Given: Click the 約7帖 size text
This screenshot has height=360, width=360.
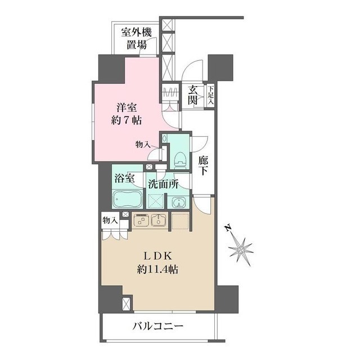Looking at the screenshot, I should tap(126, 120).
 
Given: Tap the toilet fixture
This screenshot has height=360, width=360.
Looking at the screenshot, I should tap(178, 157).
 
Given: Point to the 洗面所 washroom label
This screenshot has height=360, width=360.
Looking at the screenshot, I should tap(163, 183).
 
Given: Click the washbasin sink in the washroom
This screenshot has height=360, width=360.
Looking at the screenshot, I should tap(177, 203).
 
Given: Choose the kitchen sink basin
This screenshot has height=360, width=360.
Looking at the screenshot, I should tap(158, 222).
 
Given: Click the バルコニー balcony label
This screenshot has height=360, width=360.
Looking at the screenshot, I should tap(159, 326).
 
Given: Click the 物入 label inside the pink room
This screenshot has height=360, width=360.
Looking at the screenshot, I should tap(143, 145).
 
